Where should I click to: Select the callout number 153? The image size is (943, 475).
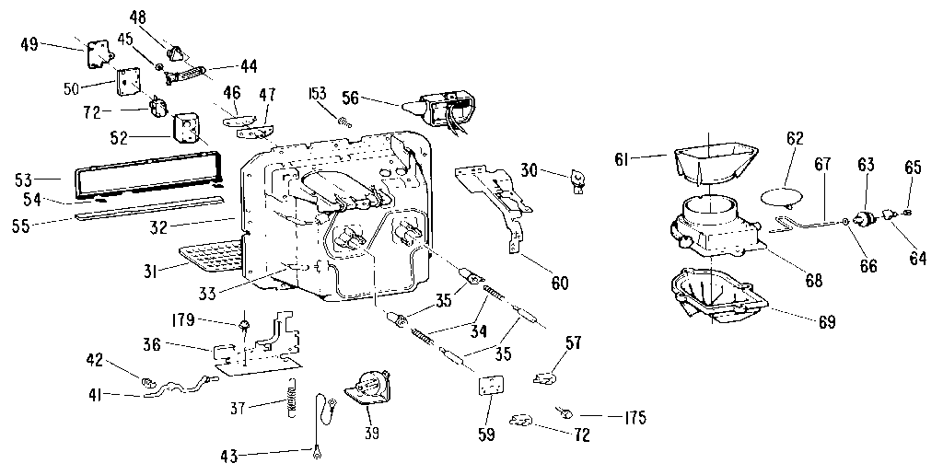pos(319,95)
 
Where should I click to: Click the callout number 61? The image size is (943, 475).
pos(625,159)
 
